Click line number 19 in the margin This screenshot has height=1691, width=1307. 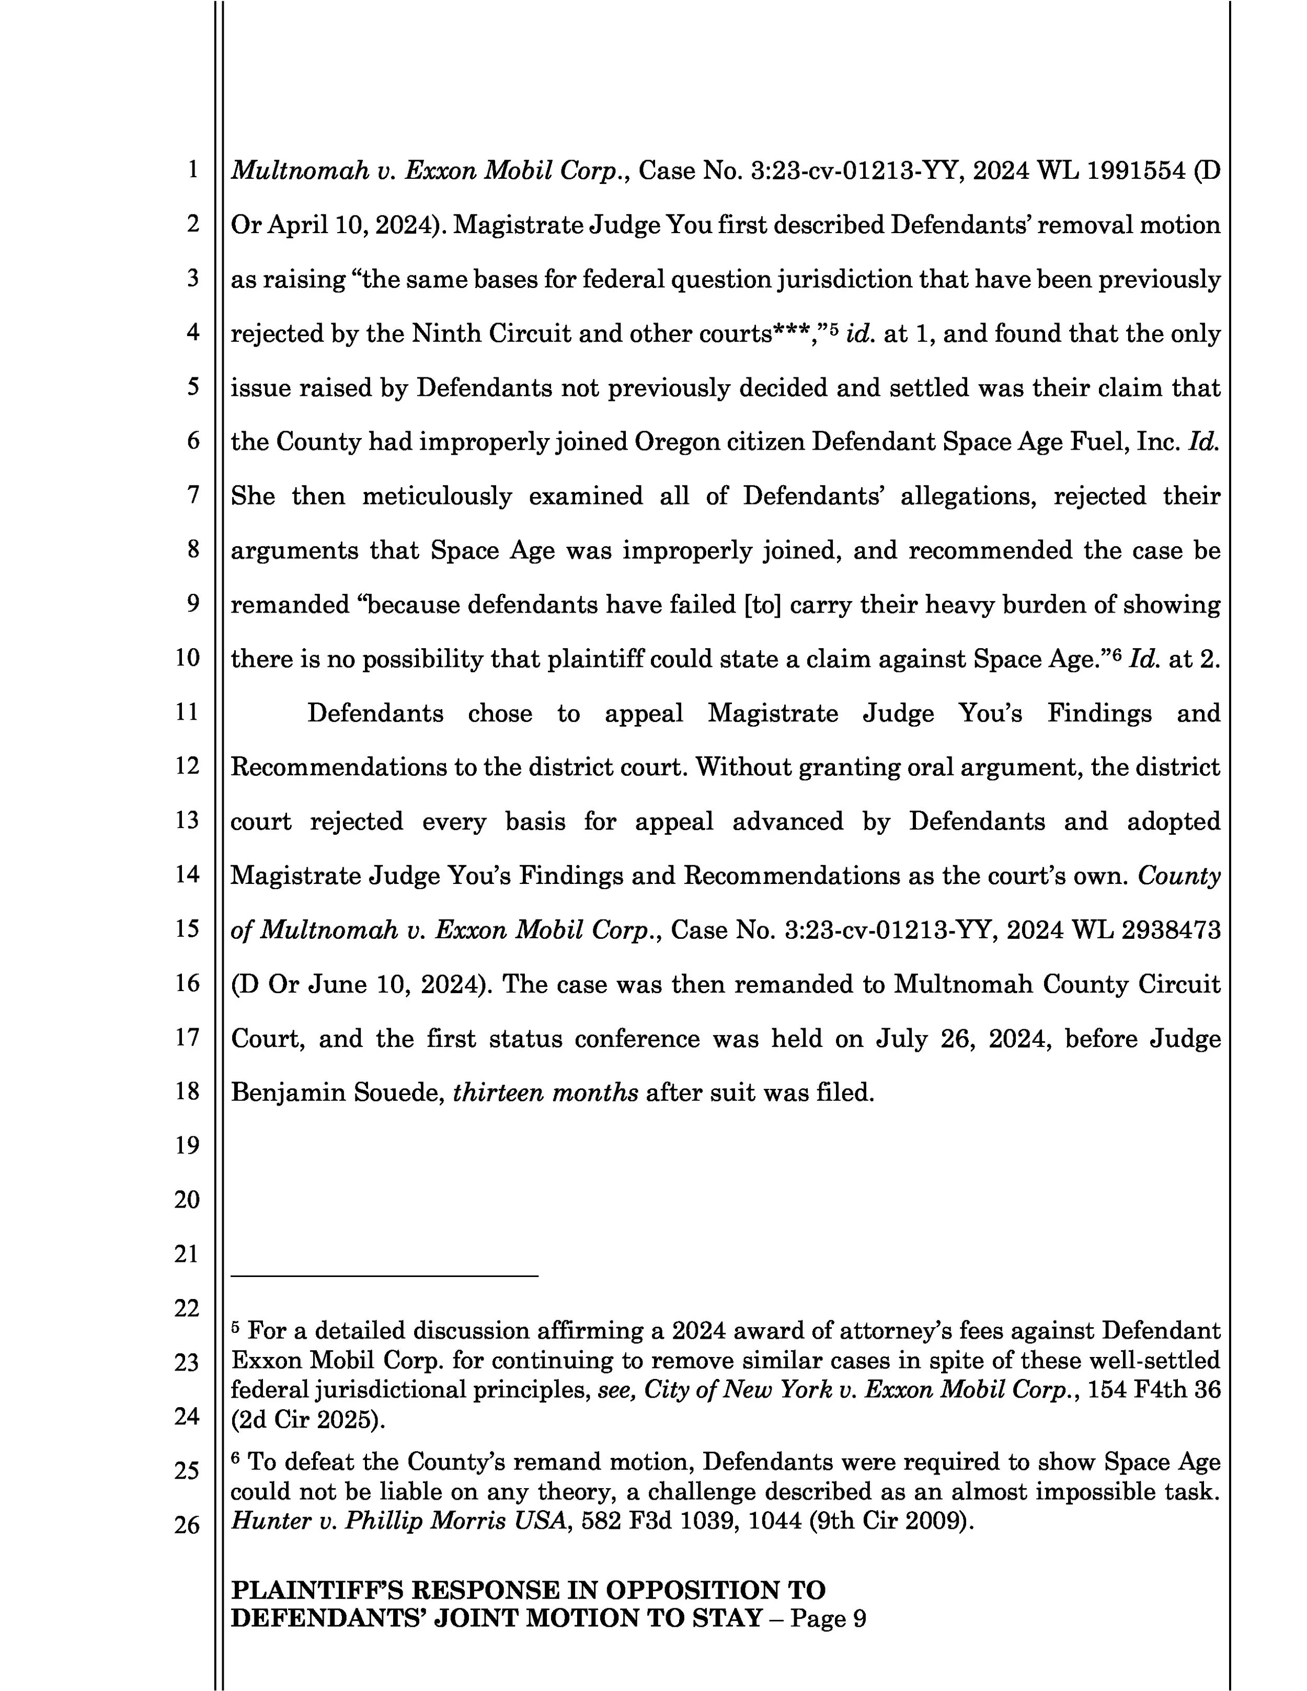pyautogui.click(x=187, y=1145)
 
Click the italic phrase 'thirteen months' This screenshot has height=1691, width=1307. pyautogui.click(x=545, y=1092)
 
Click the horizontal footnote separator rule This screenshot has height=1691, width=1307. pyautogui.click(x=384, y=1275)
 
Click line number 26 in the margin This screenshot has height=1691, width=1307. pyautogui.click(x=187, y=1525)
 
